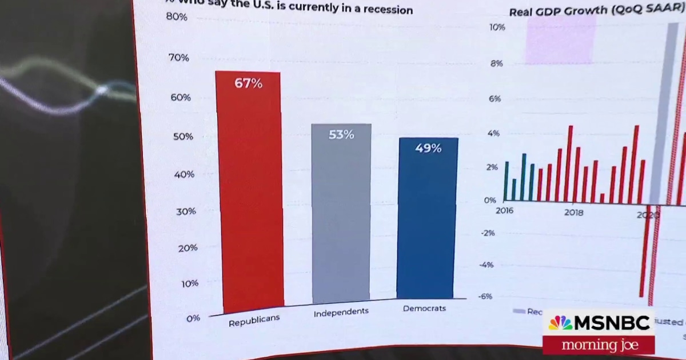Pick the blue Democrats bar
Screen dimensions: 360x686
click(x=428, y=223)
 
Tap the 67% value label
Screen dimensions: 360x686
click(x=248, y=83)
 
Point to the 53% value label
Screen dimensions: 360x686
click(x=341, y=135)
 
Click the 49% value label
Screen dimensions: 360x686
click(x=428, y=149)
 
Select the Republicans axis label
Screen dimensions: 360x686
click(x=254, y=320)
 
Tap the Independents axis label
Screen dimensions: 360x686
click(x=341, y=312)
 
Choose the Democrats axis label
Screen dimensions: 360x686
click(x=424, y=308)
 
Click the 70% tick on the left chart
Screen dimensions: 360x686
click(x=178, y=57)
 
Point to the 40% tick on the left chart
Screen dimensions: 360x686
click(x=184, y=174)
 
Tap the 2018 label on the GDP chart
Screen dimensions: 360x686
click(x=573, y=213)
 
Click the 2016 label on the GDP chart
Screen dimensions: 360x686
click(x=505, y=210)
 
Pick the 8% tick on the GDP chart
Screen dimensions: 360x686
click(x=496, y=63)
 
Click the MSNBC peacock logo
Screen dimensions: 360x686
click(x=560, y=323)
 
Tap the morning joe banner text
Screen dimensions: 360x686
click(x=599, y=345)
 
